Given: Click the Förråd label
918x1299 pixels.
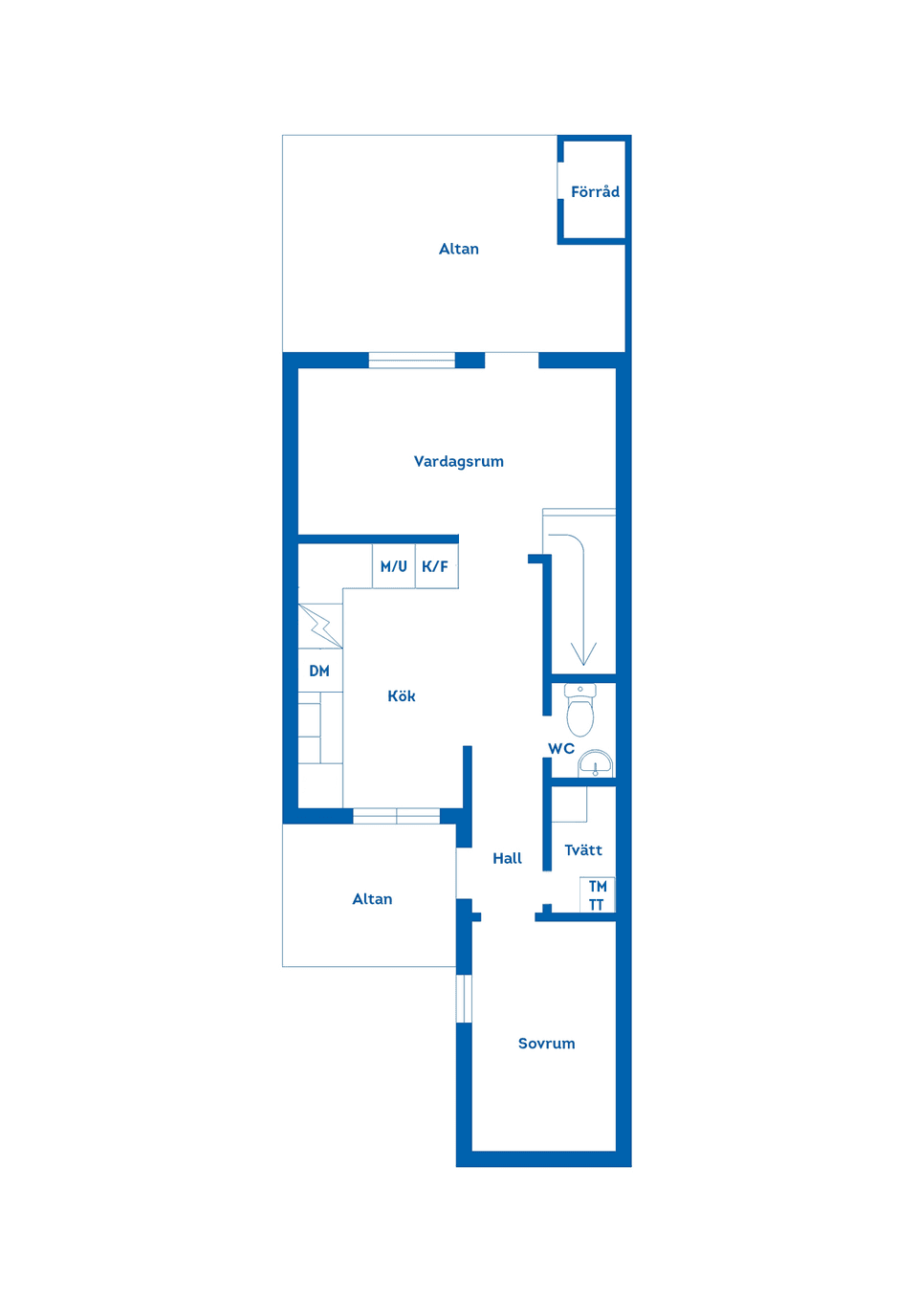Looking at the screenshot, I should pos(595,191).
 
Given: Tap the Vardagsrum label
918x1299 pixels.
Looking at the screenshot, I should pos(458,461).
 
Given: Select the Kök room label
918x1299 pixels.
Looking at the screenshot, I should pos(402,696).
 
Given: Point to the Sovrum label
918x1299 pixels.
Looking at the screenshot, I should pos(546,1044).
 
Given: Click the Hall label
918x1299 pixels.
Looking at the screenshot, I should pos(507,859).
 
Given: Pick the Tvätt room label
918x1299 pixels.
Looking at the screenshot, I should pos(583,850).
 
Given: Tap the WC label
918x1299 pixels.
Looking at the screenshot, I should pos(561,749).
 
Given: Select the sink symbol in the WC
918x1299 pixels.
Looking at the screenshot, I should pos(596,763).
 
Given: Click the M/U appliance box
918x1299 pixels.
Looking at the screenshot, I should pos(394,566).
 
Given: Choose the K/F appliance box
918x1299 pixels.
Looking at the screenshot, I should pos(436,566).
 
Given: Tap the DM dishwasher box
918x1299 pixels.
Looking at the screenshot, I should pos(319,671).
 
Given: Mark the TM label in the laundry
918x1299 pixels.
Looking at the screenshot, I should pos(598,887).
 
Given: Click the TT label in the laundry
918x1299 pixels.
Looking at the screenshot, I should pos(597,905).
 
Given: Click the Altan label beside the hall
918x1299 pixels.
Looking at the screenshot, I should pos(372,899).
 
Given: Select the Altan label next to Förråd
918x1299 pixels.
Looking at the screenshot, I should pos(458,249).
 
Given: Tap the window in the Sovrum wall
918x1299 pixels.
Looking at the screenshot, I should pos(464,999).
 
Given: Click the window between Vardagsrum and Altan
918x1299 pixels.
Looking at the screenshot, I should pos(411,361).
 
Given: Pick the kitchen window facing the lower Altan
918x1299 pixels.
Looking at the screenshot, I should pos(396,816).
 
